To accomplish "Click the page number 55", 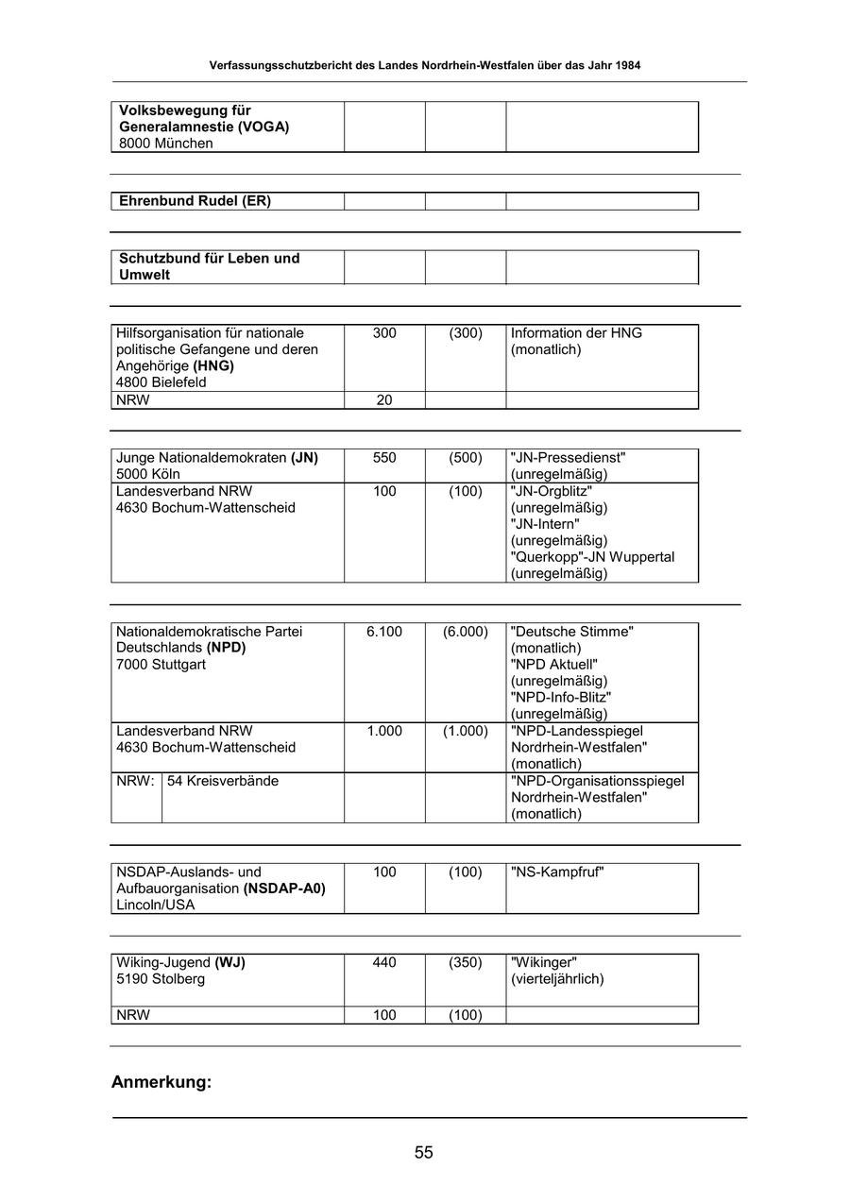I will pyautogui.click(x=423, y=1152).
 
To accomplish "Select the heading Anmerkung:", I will pyautogui.click(x=161, y=1082).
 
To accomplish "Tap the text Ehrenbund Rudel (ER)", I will pyautogui.click(x=195, y=201).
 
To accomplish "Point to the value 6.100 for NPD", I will pyautogui.click(x=384, y=632).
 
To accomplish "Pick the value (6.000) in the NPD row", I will pyautogui.click(x=466, y=632).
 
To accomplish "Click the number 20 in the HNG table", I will pyautogui.click(x=384, y=400).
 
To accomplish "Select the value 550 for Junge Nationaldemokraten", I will pyautogui.click(x=384, y=458).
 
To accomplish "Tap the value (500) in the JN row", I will pyautogui.click(x=466, y=458).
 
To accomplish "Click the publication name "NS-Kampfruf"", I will pyautogui.click(x=557, y=872).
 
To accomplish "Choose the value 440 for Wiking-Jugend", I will pyautogui.click(x=384, y=963).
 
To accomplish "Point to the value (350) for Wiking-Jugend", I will pyautogui.click(x=466, y=963).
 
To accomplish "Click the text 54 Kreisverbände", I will pyautogui.click(x=223, y=782).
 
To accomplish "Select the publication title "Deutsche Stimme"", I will pyautogui.click(x=572, y=632).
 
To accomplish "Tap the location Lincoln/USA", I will pyautogui.click(x=156, y=905).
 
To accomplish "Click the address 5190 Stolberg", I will pyautogui.click(x=161, y=979).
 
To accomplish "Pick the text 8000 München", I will pyautogui.click(x=166, y=144).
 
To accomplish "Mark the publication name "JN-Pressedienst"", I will pyautogui.click(x=569, y=458).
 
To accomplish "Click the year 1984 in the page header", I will pyautogui.click(x=629, y=66).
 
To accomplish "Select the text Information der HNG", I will pyautogui.click(x=576, y=333).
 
